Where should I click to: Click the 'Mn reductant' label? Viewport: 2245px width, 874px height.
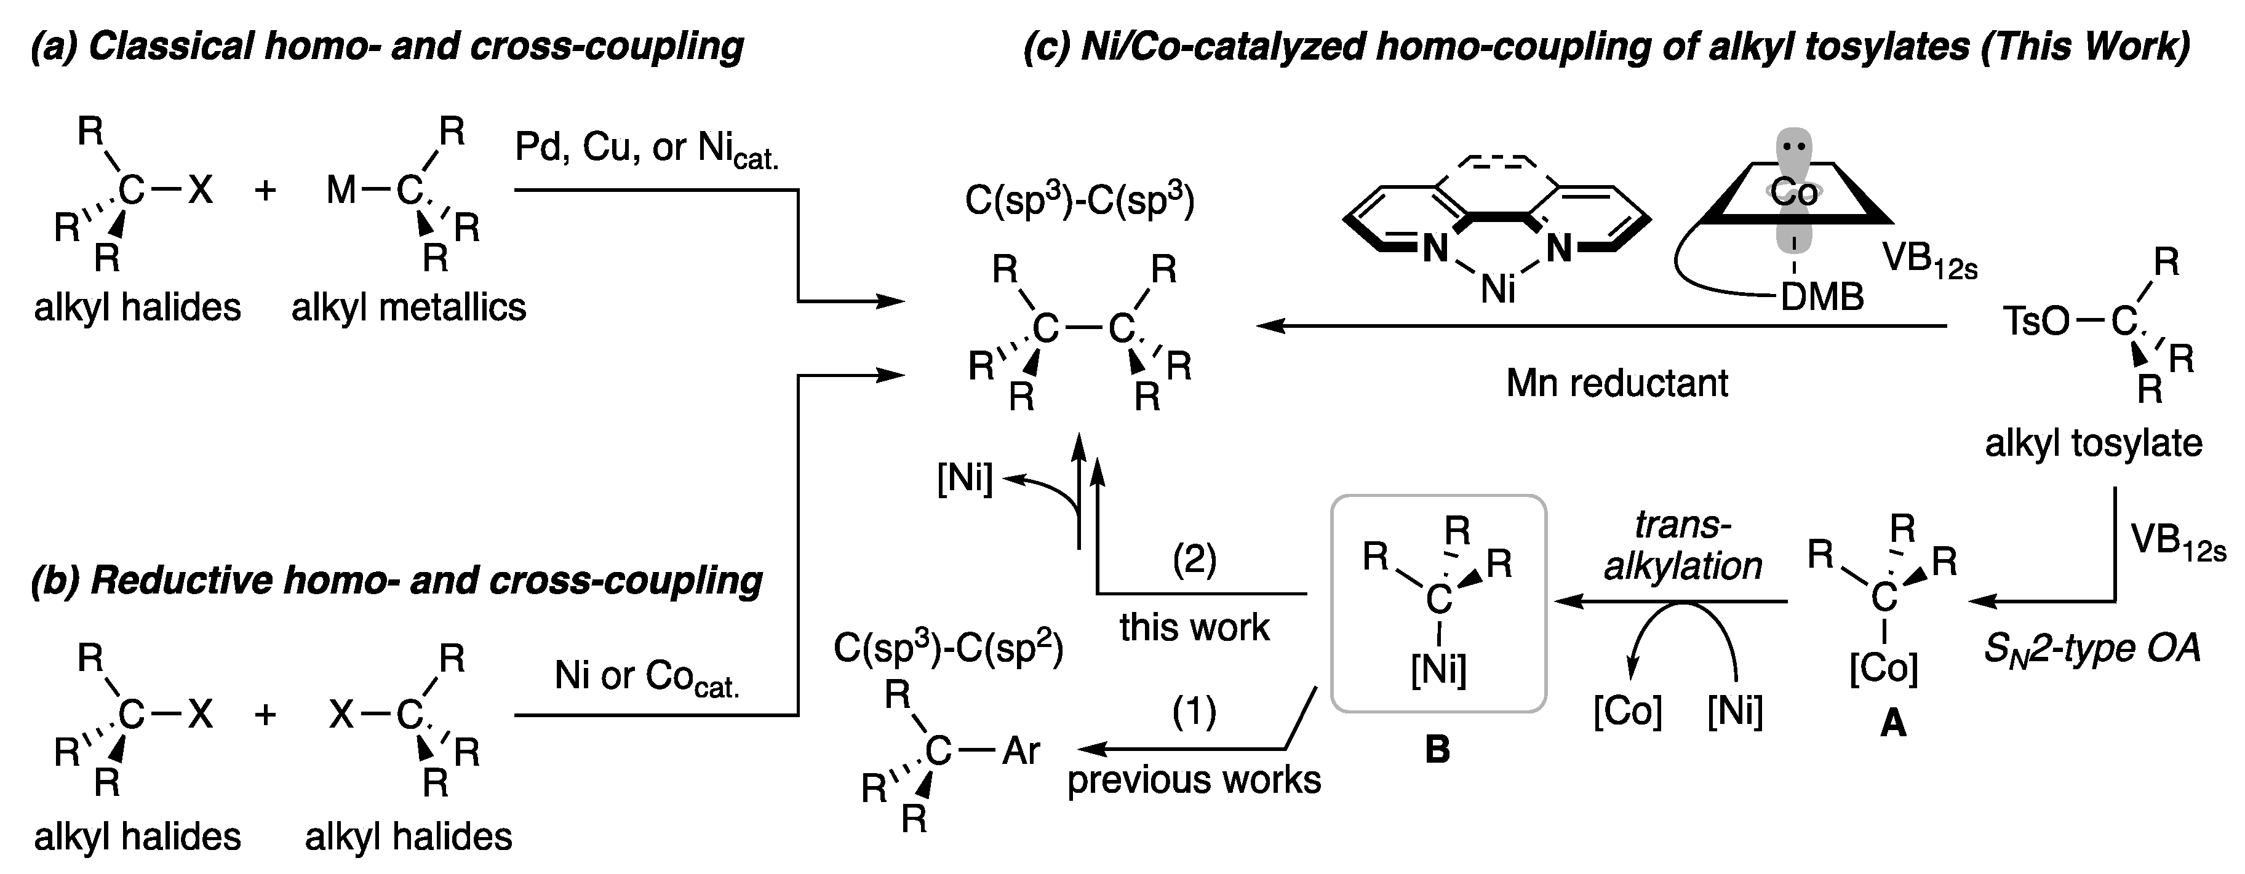(1617, 383)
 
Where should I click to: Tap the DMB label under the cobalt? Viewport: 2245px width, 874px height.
(1822, 297)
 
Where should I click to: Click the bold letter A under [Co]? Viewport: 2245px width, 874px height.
(1893, 723)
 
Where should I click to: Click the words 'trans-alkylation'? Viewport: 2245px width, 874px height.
(1682, 546)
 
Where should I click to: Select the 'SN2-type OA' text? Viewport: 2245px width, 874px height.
(2092, 648)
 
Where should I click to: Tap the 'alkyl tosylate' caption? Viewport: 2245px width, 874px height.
(2094, 443)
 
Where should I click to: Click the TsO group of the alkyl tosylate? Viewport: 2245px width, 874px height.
(2036, 322)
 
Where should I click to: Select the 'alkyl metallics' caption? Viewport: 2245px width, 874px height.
(409, 308)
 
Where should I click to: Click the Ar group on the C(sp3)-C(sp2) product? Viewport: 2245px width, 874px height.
(1021, 750)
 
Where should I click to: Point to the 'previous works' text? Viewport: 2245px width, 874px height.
(1194, 780)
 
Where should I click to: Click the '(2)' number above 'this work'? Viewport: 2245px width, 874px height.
(1194, 558)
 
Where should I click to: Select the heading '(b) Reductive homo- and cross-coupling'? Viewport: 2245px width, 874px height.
(397, 581)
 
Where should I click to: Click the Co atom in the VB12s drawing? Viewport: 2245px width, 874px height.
(1793, 193)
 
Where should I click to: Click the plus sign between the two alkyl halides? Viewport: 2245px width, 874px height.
(265, 715)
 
